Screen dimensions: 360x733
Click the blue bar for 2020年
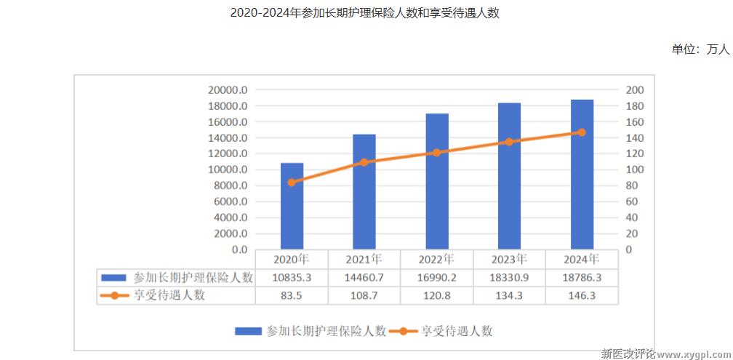(x=292, y=207)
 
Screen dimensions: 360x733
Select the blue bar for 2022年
(x=437, y=182)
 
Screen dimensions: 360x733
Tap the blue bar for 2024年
(x=582, y=175)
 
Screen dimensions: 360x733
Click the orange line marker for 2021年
(x=364, y=162)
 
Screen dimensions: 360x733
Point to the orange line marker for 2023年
(x=509, y=142)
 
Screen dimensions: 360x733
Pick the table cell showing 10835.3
(x=292, y=277)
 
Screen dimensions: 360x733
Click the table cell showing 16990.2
(x=437, y=277)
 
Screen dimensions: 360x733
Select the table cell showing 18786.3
(x=582, y=277)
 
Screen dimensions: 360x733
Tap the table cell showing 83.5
(x=292, y=295)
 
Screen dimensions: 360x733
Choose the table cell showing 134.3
(x=509, y=295)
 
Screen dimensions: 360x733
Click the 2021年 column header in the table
(x=364, y=259)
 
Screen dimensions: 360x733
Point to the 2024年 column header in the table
(x=582, y=259)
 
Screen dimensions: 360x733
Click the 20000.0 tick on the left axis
(x=228, y=90)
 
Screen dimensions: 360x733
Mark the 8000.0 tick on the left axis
(x=231, y=185)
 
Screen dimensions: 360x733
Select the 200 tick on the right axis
(x=635, y=90)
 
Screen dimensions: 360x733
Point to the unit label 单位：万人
(x=700, y=49)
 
